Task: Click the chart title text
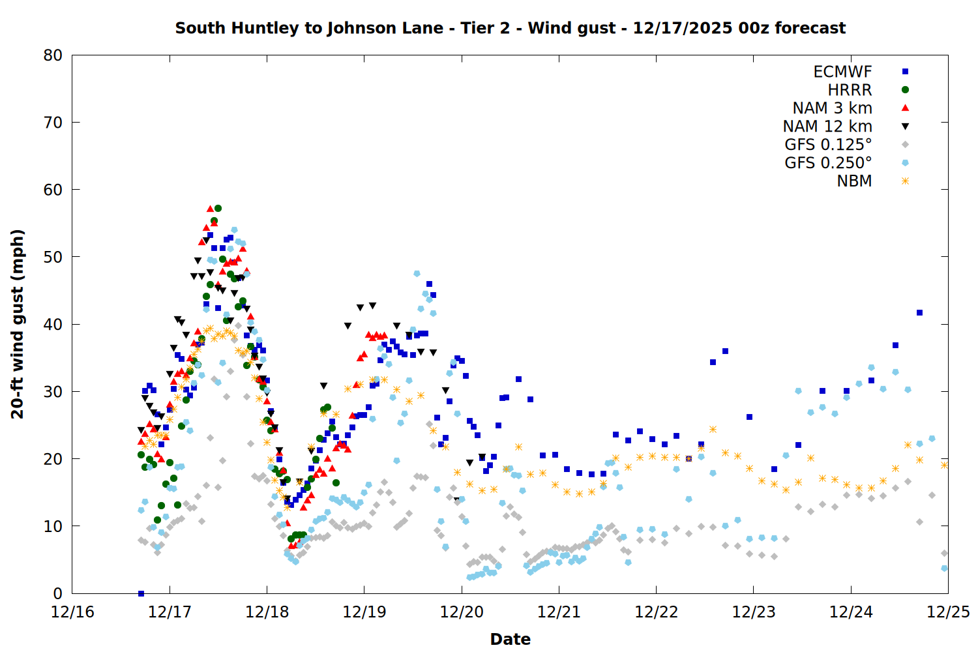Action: (x=510, y=28)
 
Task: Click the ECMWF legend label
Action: (x=842, y=72)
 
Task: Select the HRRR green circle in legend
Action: (x=905, y=90)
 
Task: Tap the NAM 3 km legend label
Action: (x=832, y=108)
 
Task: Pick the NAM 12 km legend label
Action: (x=827, y=126)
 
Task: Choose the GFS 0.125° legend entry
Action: (x=828, y=145)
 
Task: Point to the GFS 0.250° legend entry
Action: (x=828, y=163)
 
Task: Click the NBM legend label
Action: (x=854, y=181)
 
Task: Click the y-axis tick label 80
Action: (x=53, y=55)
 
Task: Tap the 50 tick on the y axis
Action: (x=53, y=257)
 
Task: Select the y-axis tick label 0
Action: (x=58, y=593)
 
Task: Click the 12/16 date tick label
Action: (x=72, y=612)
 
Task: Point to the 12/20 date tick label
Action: (x=462, y=612)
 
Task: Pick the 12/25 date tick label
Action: (x=948, y=612)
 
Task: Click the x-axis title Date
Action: (x=510, y=639)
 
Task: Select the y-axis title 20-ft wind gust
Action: (x=18, y=324)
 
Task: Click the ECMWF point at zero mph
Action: (x=141, y=593)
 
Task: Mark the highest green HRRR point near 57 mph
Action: (x=218, y=209)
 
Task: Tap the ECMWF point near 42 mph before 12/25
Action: (x=919, y=312)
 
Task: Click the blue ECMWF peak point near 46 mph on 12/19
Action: (x=429, y=284)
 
